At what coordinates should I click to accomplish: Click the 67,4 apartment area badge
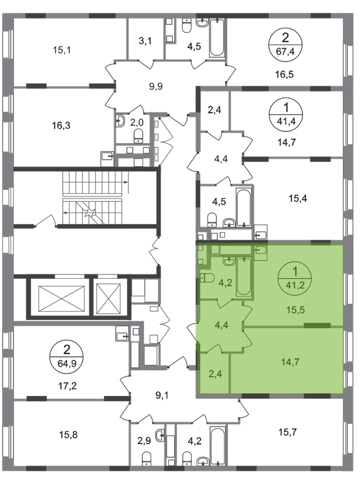coord(285,44)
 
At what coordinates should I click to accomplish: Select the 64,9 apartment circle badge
coord(66,356)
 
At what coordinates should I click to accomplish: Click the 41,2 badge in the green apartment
coord(295,279)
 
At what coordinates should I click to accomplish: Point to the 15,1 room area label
coord(62,50)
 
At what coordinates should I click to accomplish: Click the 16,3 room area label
coord(62,125)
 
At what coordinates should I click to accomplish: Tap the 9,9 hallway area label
coord(156,86)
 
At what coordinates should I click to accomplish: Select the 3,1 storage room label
coord(145,41)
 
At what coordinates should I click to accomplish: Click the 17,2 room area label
coord(67,386)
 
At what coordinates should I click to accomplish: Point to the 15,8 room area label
coord(68,435)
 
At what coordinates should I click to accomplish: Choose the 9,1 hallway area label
coord(162,395)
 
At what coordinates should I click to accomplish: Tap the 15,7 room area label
coord(288,432)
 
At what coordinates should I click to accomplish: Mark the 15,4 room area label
coord(298,198)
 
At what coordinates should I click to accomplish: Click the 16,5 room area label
coord(284,74)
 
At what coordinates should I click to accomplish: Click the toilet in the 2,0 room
coord(138,136)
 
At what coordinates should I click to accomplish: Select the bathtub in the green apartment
coord(244,276)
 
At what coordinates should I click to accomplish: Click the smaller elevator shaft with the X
coord(109,299)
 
